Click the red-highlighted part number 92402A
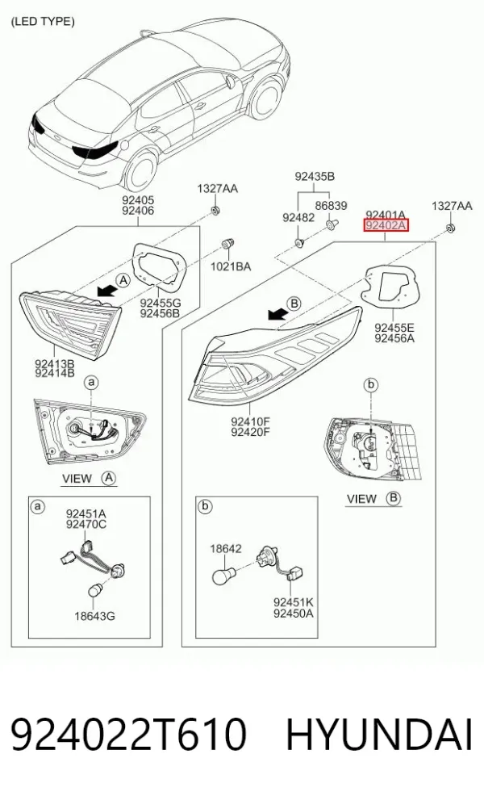(386, 225)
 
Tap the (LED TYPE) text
(43, 21)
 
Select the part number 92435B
(315, 177)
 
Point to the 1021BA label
(231, 266)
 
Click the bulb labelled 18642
(223, 576)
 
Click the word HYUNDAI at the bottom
(379, 735)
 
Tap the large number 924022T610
(129, 735)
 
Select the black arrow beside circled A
(106, 290)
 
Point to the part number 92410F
(250, 421)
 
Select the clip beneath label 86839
(332, 224)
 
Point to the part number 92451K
(294, 602)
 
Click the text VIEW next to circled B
(361, 499)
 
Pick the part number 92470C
(86, 525)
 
